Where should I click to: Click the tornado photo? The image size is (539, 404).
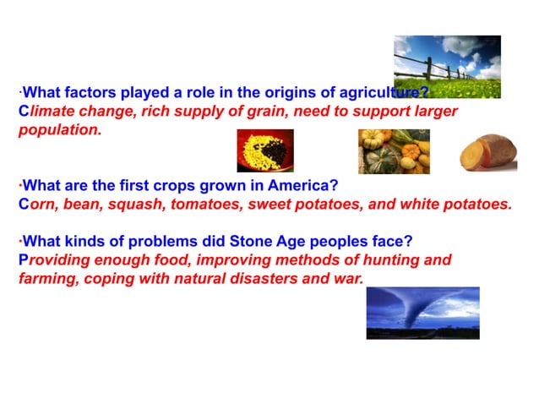point(422,313)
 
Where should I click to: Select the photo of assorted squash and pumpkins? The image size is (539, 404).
point(394,151)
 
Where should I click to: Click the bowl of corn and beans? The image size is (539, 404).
point(264,150)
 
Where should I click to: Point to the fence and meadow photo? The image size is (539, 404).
point(447,66)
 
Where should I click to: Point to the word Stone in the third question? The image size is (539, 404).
point(238,241)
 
